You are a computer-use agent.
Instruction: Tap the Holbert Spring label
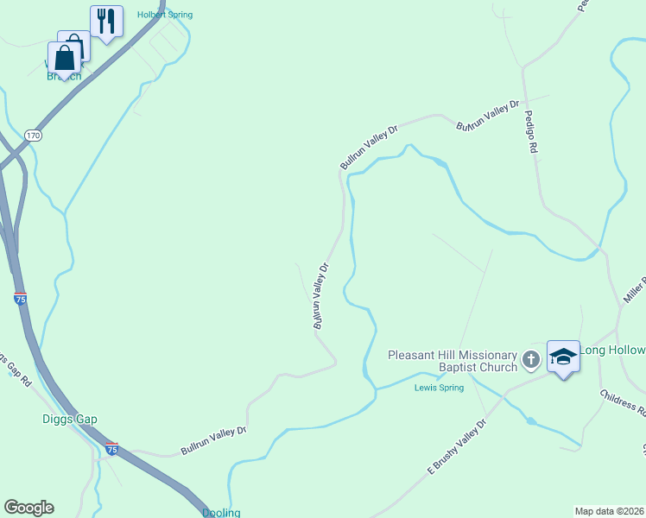click(165, 15)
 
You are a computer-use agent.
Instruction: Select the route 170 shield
click(33, 136)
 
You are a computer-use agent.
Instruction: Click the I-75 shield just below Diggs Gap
click(111, 450)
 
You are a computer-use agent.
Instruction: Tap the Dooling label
click(221, 513)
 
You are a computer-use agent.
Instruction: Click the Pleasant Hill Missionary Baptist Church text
click(452, 361)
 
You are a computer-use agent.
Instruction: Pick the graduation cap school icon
click(563, 356)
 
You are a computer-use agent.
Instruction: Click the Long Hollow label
click(613, 350)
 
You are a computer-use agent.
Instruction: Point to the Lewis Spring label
click(439, 388)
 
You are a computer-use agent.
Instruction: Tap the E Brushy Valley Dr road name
click(458, 446)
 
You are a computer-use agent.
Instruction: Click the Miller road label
click(636, 292)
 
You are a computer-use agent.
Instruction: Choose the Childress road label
click(622, 399)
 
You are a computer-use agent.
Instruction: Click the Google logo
click(28, 508)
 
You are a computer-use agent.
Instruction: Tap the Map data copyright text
click(610, 511)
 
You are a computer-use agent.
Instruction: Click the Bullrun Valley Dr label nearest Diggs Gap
click(213, 440)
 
